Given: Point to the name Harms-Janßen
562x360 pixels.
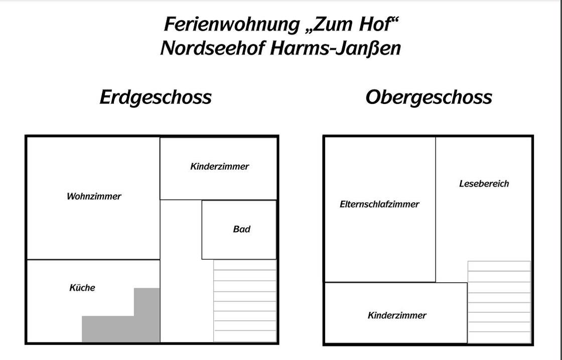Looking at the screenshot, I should click(335, 48).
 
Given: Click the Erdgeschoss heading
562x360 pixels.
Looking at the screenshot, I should click(156, 97).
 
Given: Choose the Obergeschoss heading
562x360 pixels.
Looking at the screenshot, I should click(429, 97).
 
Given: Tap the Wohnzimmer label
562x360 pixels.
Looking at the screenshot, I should click(94, 196).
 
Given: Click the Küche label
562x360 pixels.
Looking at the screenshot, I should click(82, 288).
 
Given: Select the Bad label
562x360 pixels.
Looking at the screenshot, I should click(241, 229).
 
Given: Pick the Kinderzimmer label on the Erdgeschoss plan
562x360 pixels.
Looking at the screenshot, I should click(219, 167).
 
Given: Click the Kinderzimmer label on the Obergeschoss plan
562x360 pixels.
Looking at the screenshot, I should click(397, 315).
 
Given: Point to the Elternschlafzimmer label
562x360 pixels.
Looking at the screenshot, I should click(379, 204).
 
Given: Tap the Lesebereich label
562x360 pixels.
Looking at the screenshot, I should click(484, 184).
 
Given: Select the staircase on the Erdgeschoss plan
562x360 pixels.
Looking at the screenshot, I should click(245, 301).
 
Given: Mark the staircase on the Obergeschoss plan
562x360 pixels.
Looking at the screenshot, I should click(499, 302).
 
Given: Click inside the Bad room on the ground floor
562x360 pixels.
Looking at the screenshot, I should click(239, 246).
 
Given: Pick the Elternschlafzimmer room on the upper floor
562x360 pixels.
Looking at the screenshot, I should click(379, 236).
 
